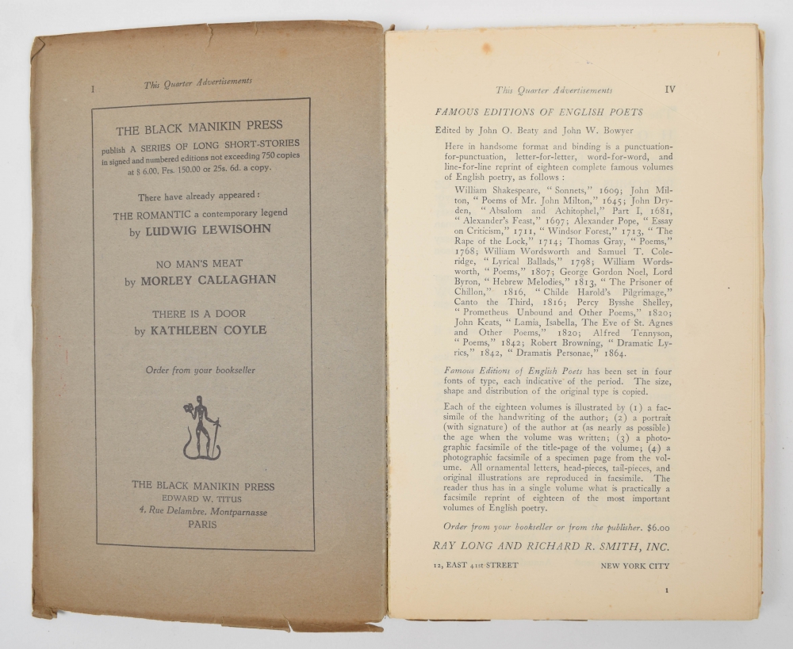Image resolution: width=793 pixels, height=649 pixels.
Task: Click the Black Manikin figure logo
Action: (x=201, y=427)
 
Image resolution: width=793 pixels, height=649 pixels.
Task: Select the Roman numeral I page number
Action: (x=93, y=90)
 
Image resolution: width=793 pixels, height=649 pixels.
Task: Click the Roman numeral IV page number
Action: (x=669, y=90)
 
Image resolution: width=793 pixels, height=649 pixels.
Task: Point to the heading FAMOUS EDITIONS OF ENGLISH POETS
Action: (x=539, y=113)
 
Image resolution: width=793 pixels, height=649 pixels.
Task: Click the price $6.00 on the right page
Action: (x=657, y=527)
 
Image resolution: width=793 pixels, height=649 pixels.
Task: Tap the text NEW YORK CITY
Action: (x=634, y=566)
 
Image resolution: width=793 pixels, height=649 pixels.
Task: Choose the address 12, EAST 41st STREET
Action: (x=476, y=566)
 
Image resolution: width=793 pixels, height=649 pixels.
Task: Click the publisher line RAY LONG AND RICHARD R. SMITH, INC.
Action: (x=551, y=546)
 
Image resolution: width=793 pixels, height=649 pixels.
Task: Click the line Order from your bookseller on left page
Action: (x=201, y=370)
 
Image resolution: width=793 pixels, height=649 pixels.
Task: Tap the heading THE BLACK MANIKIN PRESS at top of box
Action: (x=199, y=126)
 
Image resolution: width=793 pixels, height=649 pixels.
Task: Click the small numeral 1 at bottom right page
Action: (x=667, y=590)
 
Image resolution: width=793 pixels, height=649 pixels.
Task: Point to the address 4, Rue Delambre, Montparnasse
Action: (x=202, y=512)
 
